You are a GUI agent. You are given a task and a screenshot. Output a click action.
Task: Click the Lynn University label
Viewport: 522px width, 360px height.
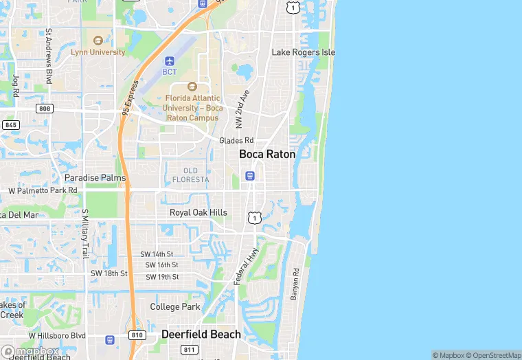(98, 52)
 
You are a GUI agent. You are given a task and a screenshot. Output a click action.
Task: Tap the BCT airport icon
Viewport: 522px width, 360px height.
(170, 60)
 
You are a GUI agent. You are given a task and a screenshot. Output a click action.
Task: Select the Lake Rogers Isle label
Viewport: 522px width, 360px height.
(303, 52)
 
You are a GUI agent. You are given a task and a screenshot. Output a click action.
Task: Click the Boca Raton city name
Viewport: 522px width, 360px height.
(267, 155)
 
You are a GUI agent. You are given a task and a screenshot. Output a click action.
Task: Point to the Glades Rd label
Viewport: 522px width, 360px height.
(236, 140)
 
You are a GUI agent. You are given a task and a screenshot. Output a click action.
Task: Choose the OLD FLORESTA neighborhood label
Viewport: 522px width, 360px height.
(190, 175)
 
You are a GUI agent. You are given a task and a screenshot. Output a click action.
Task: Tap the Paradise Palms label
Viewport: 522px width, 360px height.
(95, 178)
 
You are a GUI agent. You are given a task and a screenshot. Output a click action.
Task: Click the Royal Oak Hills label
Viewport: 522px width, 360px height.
(198, 212)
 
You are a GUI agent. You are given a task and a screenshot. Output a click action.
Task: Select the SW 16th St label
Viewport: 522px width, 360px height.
(161, 265)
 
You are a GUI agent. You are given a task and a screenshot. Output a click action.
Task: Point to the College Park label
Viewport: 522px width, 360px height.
(175, 306)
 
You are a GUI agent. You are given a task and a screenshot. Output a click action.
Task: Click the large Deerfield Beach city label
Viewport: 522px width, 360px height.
(201, 335)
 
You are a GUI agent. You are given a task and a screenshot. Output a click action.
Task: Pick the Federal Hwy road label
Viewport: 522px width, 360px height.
(246, 267)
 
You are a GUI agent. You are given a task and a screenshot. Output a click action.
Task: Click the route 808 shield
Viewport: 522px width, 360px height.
(45, 109)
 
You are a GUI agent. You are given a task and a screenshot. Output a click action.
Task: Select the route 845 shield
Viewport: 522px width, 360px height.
(10, 125)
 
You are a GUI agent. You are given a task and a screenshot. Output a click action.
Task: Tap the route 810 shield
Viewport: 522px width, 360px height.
(137, 335)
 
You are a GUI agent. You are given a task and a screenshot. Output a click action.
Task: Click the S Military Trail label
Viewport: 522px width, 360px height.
(84, 234)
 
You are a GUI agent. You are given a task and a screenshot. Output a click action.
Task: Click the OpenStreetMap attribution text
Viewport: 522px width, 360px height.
(492, 355)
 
